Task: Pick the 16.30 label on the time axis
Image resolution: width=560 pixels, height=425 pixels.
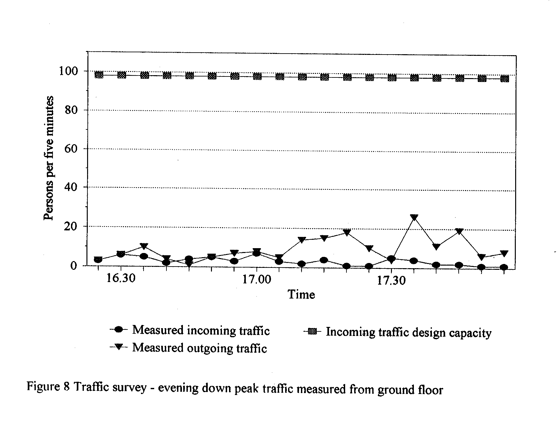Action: click(x=121, y=278)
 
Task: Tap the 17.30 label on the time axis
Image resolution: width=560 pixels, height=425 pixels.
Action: click(x=391, y=280)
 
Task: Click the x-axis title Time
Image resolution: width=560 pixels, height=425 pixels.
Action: click(x=301, y=294)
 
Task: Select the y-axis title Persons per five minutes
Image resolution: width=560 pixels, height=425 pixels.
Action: click(x=48, y=158)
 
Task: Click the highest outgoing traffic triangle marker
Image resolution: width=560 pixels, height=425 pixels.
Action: click(x=415, y=218)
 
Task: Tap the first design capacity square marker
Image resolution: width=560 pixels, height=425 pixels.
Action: click(x=99, y=75)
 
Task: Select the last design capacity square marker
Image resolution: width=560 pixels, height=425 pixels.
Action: click(x=505, y=79)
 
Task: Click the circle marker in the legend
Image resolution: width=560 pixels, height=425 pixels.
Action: click(x=119, y=329)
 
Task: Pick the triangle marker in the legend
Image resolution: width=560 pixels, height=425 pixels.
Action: click(x=119, y=347)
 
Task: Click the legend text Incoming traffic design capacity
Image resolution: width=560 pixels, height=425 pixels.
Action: click(x=408, y=332)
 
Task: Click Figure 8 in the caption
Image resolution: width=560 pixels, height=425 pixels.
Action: click(x=48, y=387)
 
